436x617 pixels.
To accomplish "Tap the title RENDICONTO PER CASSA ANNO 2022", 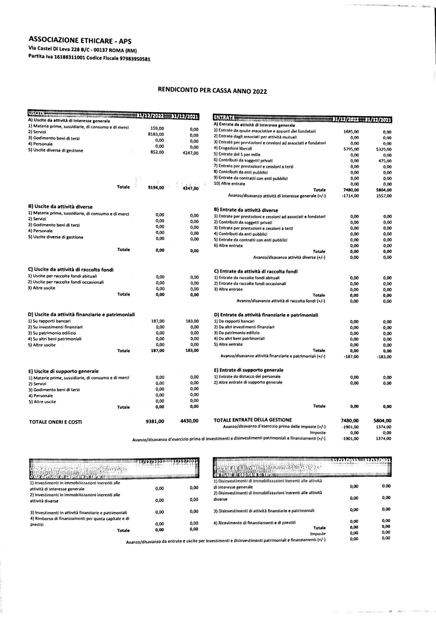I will [x=212, y=91].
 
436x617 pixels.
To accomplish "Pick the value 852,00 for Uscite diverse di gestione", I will [x=157, y=152].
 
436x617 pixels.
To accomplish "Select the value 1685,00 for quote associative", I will [x=351, y=132].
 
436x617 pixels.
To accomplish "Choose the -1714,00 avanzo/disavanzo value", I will [x=350, y=196].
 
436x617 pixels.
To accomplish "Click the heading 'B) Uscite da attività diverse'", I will [x=60, y=207].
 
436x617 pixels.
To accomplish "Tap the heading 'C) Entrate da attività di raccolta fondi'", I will [x=256, y=271].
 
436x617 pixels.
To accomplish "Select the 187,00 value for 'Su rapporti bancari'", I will [x=158, y=321].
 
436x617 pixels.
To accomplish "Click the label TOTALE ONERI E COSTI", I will [x=55, y=422].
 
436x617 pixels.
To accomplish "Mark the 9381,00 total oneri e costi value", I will [x=155, y=421].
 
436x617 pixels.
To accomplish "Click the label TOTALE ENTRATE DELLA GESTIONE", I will [x=253, y=420].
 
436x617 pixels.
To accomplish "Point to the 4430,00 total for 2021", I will [x=189, y=421].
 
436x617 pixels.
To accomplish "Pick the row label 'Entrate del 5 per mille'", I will [x=237, y=155].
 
